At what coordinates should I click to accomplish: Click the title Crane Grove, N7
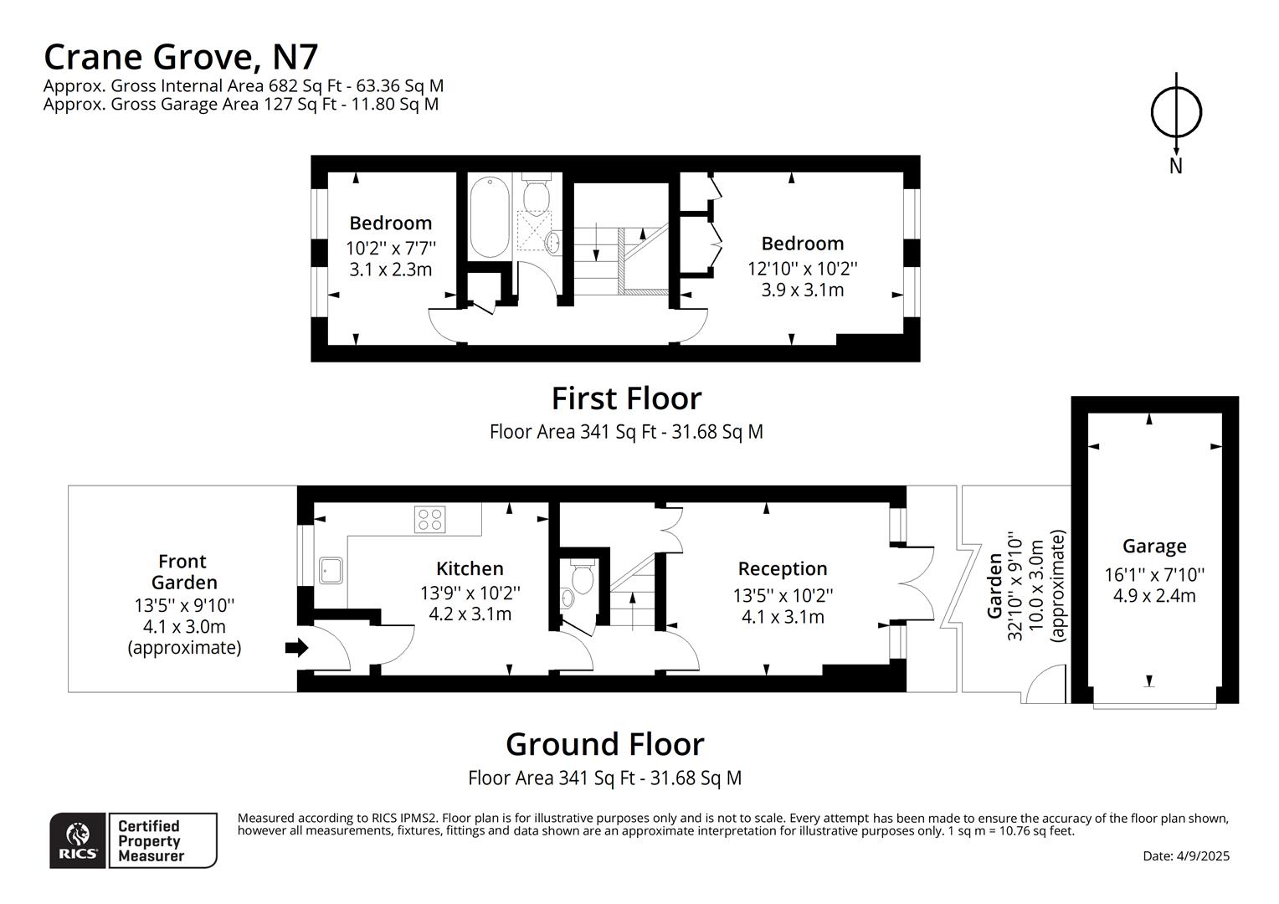pos(181,57)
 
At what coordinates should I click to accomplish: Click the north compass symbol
pos(1176,112)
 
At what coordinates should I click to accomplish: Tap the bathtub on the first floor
pos(489,218)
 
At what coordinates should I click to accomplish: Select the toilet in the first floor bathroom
pos(536,194)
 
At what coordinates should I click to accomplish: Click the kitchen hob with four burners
pos(429,519)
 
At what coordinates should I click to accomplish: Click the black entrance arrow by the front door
pos(297,648)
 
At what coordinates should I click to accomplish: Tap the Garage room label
pos(1154,547)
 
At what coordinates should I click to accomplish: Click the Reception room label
pos(782,569)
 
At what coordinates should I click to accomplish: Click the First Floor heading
pos(626,398)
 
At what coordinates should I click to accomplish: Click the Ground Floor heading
pos(604,744)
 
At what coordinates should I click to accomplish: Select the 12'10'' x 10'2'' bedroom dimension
pos(802,269)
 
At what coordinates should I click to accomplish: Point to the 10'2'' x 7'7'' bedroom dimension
pos(391,249)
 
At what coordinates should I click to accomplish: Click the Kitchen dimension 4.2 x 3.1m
pos(470,614)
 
